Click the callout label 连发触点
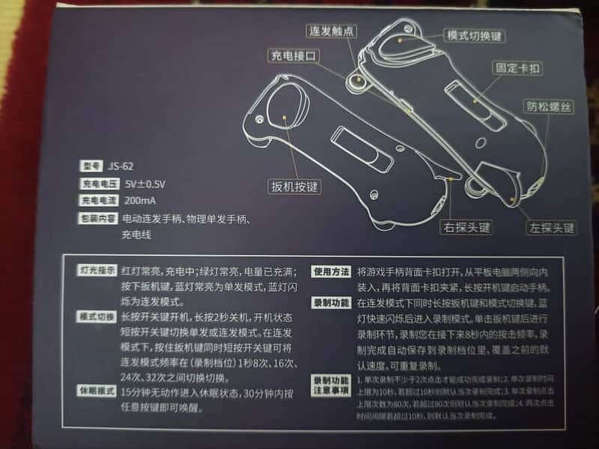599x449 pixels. click(x=332, y=31)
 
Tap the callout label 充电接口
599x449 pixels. click(x=296, y=56)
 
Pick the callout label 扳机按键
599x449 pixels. click(x=295, y=186)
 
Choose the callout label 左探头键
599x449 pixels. click(x=551, y=227)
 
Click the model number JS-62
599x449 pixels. click(x=121, y=166)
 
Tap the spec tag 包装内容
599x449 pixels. click(x=96, y=219)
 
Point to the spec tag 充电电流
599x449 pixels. click(x=96, y=201)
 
